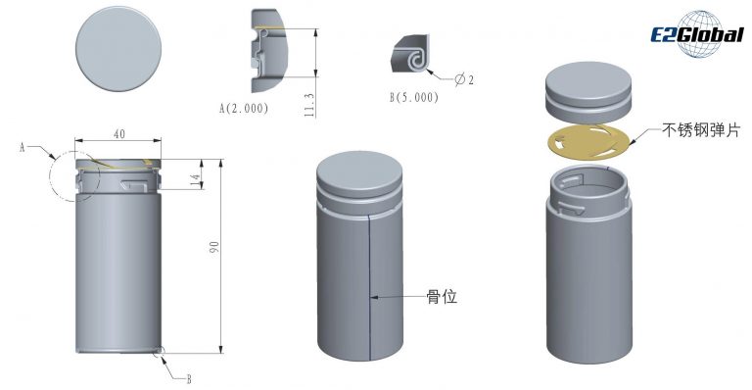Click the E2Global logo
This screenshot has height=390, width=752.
click(x=697, y=33)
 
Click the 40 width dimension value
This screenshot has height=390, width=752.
click(x=119, y=134)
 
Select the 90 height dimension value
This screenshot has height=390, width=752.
click(x=214, y=248)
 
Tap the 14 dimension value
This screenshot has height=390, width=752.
click(x=195, y=180)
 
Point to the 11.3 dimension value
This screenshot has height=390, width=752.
click(x=309, y=105)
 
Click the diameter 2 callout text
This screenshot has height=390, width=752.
click(x=464, y=79)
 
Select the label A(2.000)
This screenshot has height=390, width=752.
click(x=244, y=109)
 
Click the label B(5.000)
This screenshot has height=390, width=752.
click(x=414, y=97)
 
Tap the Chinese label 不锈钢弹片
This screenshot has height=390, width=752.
click(x=701, y=130)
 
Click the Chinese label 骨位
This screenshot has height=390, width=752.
click(x=442, y=297)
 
